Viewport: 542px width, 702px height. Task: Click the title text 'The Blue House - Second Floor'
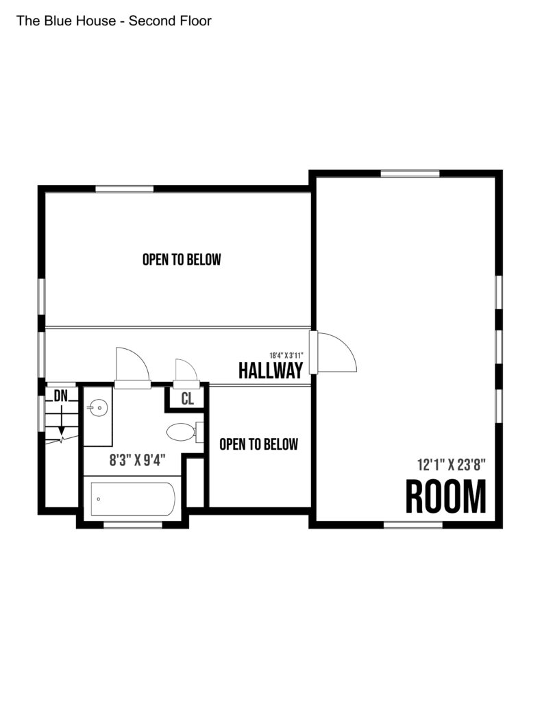114,21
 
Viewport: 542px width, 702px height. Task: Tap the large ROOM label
446,496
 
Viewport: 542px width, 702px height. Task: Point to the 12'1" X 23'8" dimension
452,465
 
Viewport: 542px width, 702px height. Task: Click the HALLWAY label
271,371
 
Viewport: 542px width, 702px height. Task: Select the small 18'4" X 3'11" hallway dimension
286,356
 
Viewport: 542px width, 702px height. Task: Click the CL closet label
188,398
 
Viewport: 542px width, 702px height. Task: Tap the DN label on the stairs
61,396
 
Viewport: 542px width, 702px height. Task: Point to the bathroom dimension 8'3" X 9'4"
138,460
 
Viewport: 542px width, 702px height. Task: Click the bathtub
132,499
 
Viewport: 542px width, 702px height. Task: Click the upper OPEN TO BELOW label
182,260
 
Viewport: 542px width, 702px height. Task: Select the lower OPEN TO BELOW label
259,444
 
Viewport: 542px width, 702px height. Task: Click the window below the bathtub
132,524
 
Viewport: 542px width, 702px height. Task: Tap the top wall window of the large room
410,173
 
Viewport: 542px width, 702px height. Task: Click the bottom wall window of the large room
413,524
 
